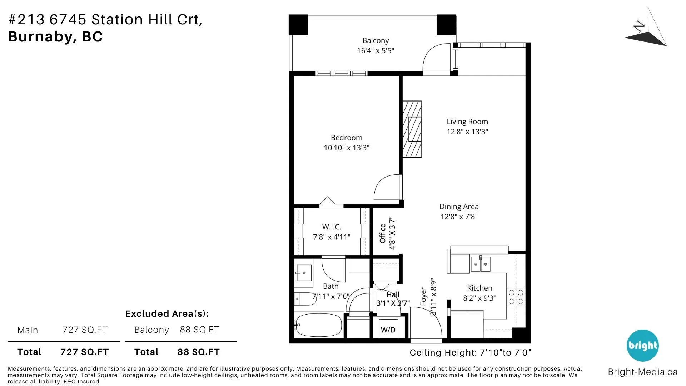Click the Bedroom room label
(346, 138)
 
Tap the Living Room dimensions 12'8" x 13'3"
(467, 132)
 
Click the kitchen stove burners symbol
(516, 297)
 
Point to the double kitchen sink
(480, 264)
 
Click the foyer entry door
(426, 323)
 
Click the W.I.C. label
(331, 227)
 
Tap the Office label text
(383, 233)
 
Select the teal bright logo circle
(642, 346)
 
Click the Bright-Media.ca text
(642, 372)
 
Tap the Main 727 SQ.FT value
(85, 330)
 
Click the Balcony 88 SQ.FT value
(199, 330)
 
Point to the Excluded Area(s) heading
(167, 314)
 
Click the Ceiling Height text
(470, 353)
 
